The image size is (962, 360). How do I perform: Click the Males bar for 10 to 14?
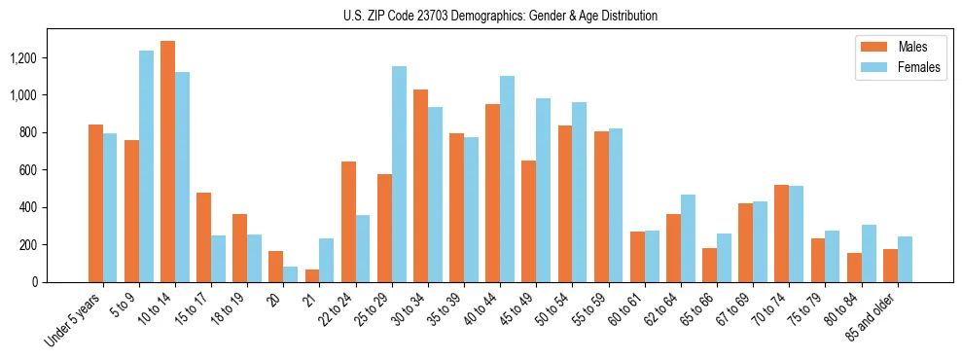coord(168,162)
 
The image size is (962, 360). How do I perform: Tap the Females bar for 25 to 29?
coord(399,174)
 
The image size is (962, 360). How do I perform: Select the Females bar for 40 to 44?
coord(507,179)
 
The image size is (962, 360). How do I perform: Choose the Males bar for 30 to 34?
coord(420,186)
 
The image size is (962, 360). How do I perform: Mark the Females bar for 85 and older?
coord(905,259)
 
